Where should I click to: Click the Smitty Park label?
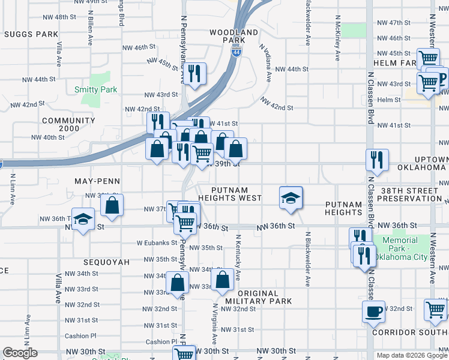[95, 89]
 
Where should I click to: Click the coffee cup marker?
[373, 312]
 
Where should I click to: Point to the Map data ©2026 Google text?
[411, 355]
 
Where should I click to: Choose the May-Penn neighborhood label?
[97, 181]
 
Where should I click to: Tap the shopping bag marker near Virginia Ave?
[222, 279]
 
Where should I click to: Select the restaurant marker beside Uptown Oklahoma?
[377, 160]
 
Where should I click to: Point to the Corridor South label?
[410, 332]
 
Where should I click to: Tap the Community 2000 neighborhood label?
[68, 124]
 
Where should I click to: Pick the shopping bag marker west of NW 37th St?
[112, 206]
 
